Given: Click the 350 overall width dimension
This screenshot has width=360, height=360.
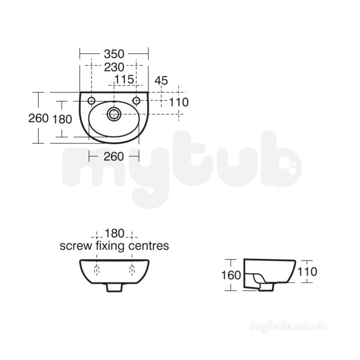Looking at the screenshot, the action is (x=114, y=54).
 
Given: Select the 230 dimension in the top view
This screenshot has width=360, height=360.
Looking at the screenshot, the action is (x=114, y=67).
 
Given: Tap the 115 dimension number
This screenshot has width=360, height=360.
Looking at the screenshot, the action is (x=124, y=80).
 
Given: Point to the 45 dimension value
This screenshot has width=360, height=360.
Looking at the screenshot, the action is (x=161, y=81).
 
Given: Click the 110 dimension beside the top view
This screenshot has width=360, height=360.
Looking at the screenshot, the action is (x=179, y=102).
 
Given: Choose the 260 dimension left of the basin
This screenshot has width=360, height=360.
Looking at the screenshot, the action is (x=38, y=118).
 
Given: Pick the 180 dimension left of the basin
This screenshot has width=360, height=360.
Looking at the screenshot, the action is (x=62, y=119).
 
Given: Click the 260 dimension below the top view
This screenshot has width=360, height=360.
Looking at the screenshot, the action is (x=114, y=157).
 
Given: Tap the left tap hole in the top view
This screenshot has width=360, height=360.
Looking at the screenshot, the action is (x=91, y=100).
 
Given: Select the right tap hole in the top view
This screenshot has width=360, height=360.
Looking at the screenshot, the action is (x=136, y=100).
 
